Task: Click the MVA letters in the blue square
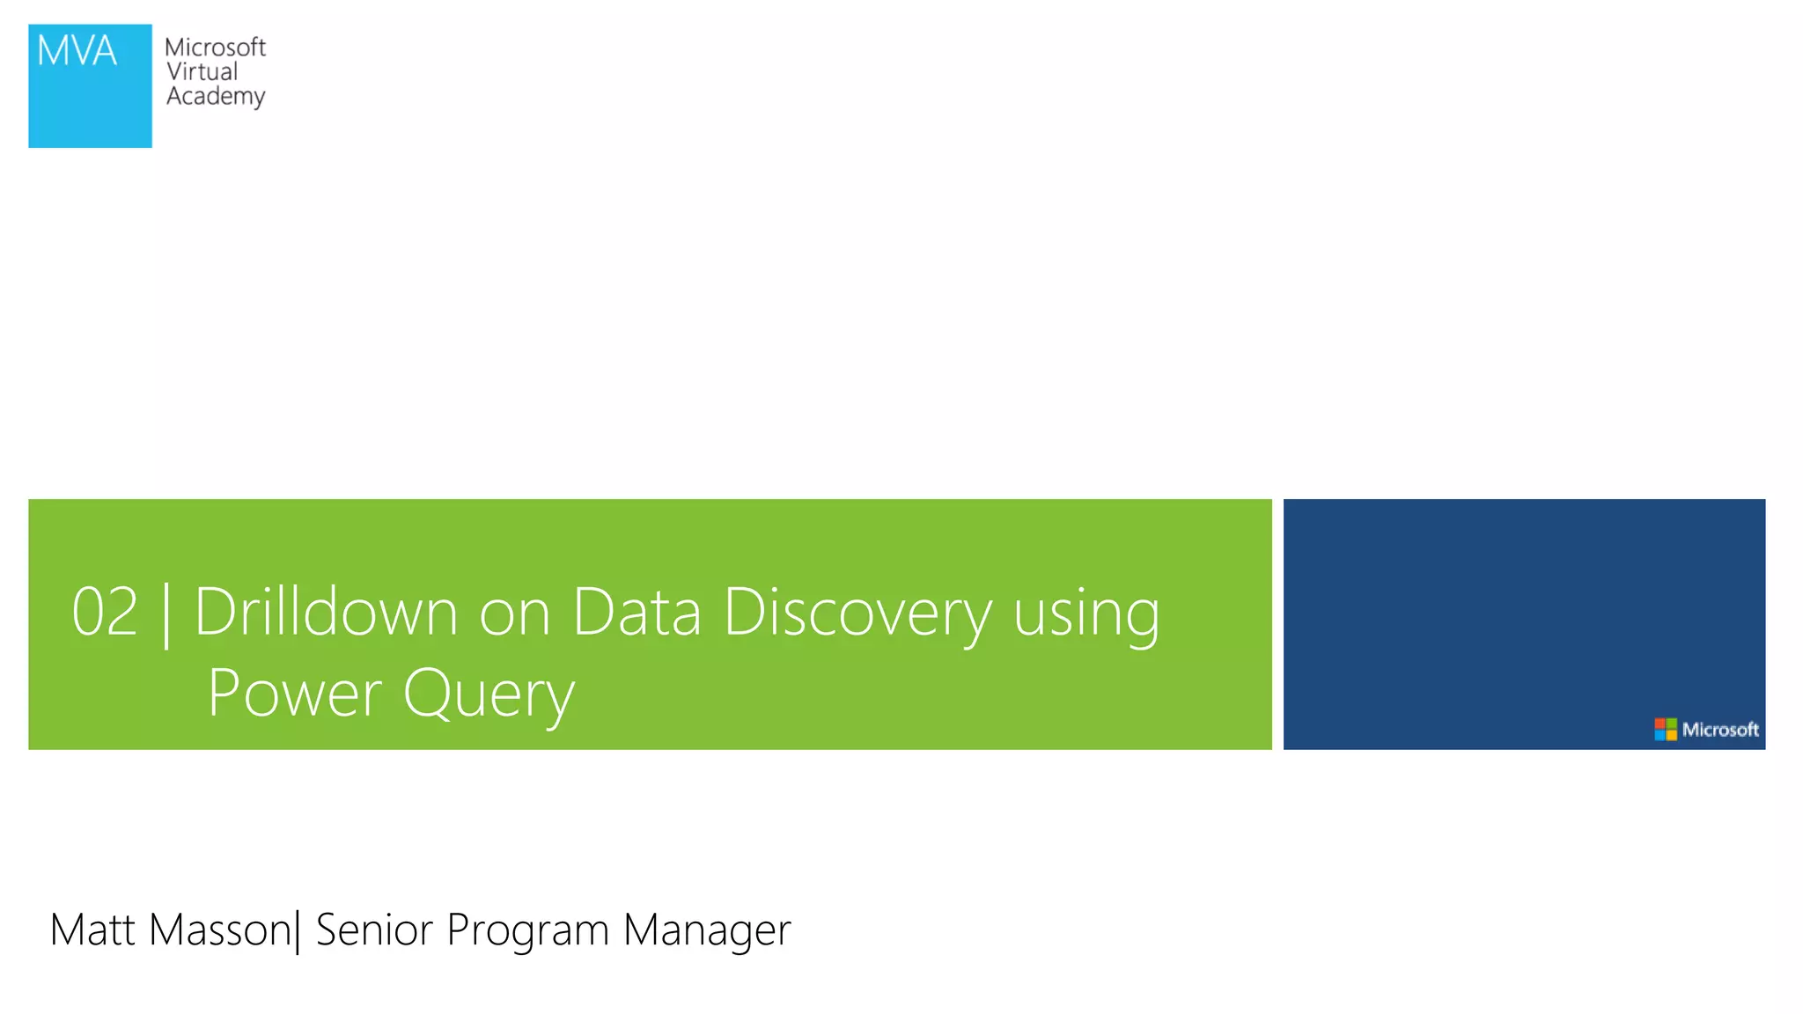pyautogui.click(x=77, y=51)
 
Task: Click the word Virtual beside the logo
pyautogui.click(x=202, y=72)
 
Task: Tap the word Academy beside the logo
pyautogui.click(x=216, y=96)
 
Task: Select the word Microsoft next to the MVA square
pyautogui.click(x=215, y=48)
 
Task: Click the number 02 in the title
pyautogui.click(x=105, y=612)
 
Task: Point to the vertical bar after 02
pyautogui.click(x=166, y=614)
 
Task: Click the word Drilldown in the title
pyautogui.click(x=326, y=612)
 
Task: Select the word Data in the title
pyautogui.click(x=637, y=612)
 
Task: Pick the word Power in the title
pyautogui.click(x=295, y=694)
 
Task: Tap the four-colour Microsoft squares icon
pyautogui.click(x=1665, y=730)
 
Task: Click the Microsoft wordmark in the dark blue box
pyautogui.click(x=1719, y=730)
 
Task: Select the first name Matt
pyautogui.click(x=92, y=929)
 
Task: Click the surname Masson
pyautogui.click(x=220, y=929)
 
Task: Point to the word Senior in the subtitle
pyautogui.click(x=374, y=929)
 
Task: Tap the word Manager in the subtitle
pyautogui.click(x=707, y=931)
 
